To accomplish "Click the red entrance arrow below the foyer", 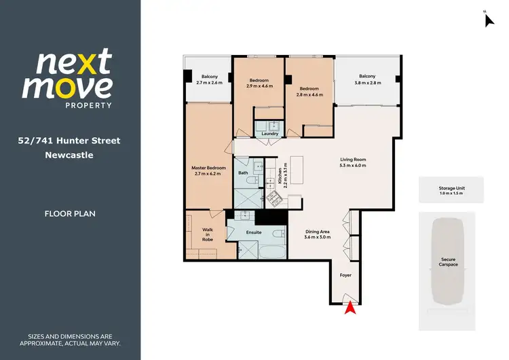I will point(350,308).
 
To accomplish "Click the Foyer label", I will point(345,275).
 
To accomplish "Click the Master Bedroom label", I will point(206,167).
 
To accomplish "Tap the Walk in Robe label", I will point(208,234).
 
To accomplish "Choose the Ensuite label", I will point(253,232).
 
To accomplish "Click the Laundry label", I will point(269,134).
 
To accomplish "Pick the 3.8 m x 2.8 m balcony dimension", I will point(367,82).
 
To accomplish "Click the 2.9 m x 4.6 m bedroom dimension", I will point(259,86).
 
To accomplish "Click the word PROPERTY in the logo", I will point(88,105).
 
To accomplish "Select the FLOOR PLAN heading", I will point(70,213).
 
